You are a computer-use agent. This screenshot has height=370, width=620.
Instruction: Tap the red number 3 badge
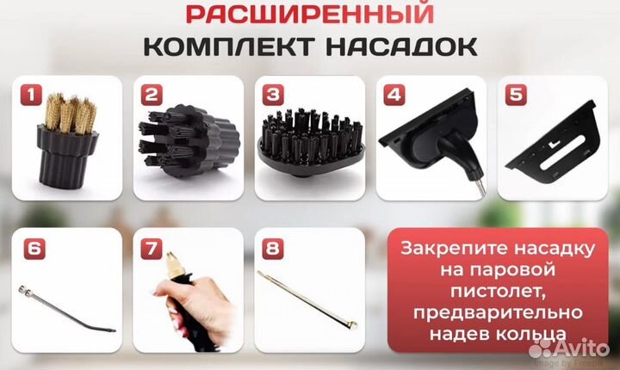(272, 95)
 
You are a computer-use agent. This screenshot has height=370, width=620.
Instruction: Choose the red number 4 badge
(394, 96)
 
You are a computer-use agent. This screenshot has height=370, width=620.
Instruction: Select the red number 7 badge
(152, 250)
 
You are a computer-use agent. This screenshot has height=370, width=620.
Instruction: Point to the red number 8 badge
(273, 250)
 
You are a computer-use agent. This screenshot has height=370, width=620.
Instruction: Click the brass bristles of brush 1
(68, 113)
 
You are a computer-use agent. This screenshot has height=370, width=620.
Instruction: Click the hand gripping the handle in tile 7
(185, 314)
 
